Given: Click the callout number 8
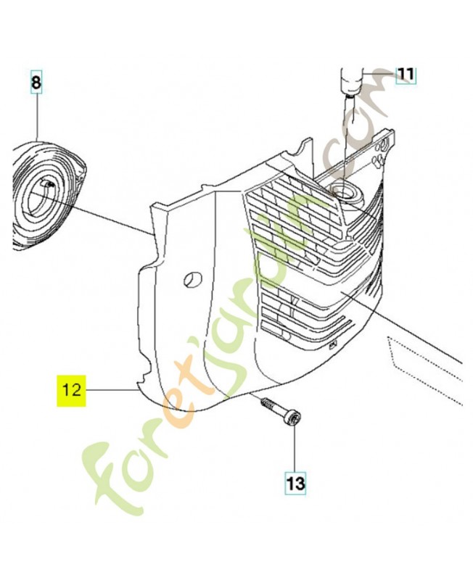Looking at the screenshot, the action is pyautogui.click(x=36, y=83).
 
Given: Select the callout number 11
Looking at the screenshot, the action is pyautogui.click(x=406, y=75).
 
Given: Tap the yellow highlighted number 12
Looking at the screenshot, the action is pyautogui.click(x=71, y=391).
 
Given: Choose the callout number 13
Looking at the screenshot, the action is pyautogui.click(x=296, y=484).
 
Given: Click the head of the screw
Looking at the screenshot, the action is pyautogui.click(x=294, y=420).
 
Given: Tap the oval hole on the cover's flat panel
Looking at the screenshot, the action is pyautogui.click(x=193, y=279).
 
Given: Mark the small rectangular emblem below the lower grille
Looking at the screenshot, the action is pyautogui.click(x=332, y=346).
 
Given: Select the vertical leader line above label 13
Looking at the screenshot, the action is pyautogui.click(x=295, y=449).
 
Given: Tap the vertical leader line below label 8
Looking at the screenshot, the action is pyautogui.click(x=37, y=117).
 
